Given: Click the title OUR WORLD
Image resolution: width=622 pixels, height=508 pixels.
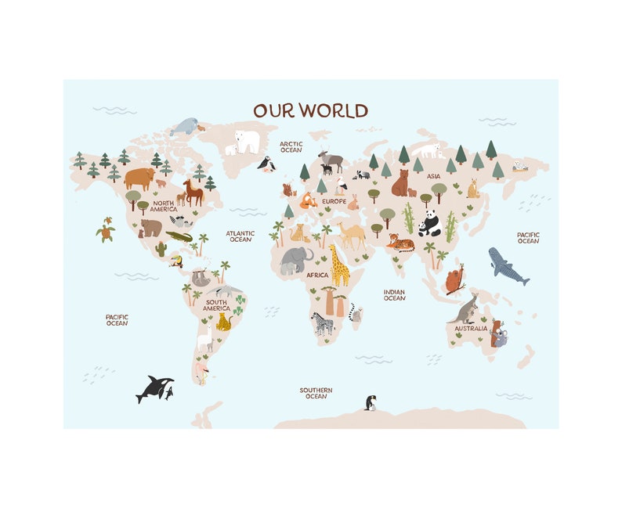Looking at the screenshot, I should coord(310,110).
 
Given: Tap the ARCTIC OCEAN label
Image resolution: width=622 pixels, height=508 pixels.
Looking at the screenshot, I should coord(291,146).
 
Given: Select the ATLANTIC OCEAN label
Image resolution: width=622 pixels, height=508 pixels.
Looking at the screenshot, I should coord(240,236).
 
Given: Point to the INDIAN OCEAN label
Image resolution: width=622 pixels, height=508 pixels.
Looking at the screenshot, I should coord(394,294).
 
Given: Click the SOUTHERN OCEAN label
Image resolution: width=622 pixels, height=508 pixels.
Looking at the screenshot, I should coord(316,393).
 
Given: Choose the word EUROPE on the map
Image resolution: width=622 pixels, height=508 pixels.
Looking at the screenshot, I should coord(334,201).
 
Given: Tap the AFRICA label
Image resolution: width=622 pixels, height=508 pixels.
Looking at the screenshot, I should coord(317,275).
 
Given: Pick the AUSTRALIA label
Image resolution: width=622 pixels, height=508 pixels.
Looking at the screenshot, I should coord(471,328).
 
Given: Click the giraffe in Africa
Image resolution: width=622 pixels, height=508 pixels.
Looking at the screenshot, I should coord(339,266).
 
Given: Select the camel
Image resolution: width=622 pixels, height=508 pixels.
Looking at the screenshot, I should coord(352,234).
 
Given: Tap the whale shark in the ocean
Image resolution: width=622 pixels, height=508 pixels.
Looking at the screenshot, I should coord(508,266).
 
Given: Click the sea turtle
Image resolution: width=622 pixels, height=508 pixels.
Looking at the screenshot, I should coord(105,229).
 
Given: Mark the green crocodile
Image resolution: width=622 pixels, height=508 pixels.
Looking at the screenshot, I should coord(179,236).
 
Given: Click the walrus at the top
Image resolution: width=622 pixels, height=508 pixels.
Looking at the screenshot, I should coord(186,125).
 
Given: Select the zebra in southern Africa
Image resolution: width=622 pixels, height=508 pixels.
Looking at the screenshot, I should coord(324,323).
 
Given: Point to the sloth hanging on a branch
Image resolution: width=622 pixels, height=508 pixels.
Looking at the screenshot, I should coord(200,277).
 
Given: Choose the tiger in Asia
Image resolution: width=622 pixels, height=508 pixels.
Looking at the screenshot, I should coord(400,242).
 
